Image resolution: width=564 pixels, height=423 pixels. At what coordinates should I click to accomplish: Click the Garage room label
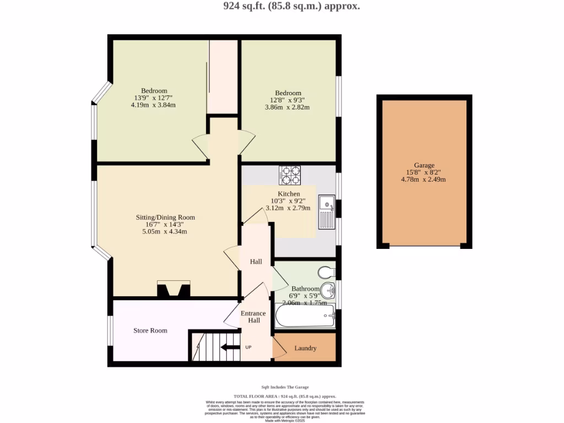tap(424, 165)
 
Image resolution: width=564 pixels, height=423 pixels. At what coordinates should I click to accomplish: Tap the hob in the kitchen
tap(290, 175)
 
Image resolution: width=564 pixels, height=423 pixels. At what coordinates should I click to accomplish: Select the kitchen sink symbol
tap(327, 212)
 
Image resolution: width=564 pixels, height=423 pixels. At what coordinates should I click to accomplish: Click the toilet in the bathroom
tap(327, 272)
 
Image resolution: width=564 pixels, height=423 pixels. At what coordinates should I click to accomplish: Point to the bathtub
tap(305, 317)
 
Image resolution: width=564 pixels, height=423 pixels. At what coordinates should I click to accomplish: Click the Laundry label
tap(305, 348)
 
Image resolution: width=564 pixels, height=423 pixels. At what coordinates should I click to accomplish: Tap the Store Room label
tap(150, 330)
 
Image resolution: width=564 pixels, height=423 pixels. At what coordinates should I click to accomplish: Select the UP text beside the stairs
tap(248, 348)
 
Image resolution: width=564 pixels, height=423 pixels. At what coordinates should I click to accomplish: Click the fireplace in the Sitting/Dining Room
tap(173, 289)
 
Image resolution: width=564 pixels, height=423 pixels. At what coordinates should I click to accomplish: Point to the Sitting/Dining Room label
tap(165, 218)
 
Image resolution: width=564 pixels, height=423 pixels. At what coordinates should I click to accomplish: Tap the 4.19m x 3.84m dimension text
tap(153, 105)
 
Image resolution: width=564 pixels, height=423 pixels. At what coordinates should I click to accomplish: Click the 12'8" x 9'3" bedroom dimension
tap(287, 100)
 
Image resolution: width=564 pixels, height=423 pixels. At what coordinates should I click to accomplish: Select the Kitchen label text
tap(289, 194)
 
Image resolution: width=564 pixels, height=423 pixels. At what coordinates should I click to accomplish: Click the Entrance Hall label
tap(253, 317)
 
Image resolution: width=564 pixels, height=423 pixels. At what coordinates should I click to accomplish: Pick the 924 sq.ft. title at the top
tap(284, 7)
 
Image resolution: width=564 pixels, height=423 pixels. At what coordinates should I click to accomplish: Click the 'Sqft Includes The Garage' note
tap(285, 387)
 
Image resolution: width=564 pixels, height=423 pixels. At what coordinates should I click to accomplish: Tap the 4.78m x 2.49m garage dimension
tap(424, 180)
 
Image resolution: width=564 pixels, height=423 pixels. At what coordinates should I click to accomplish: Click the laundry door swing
tap(279, 347)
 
